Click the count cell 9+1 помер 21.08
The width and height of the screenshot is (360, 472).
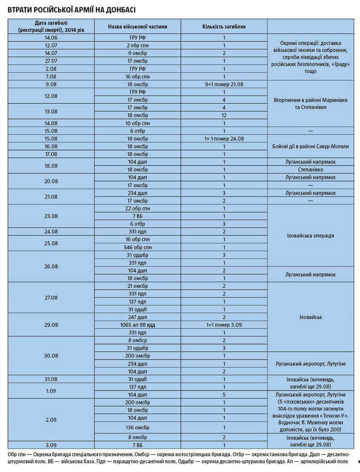click(x=224, y=84)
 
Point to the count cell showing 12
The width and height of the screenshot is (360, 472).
click(x=224, y=115)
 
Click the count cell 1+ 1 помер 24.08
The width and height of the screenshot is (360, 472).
click(x=224, y=138)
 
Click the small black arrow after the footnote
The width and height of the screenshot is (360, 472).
click(x=358, y=462)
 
